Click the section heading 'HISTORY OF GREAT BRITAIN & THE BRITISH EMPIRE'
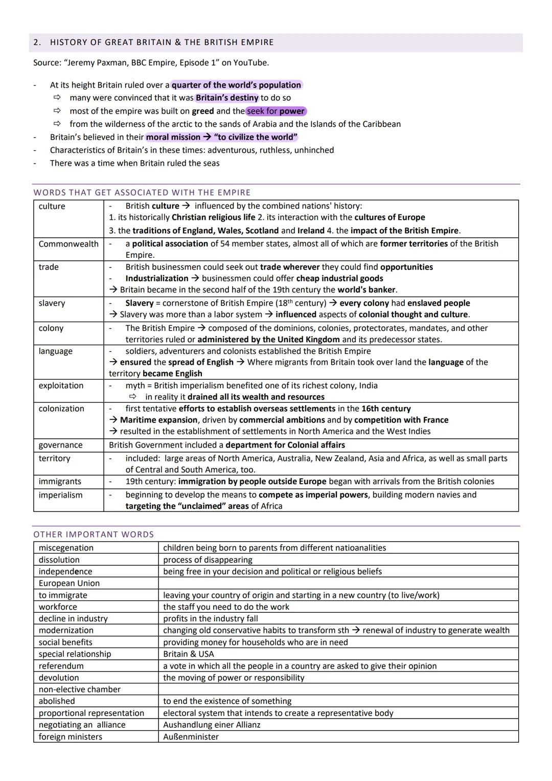pyautogui.click(x=162, y=42)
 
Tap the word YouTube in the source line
pyautogui.click(x=250, y=62)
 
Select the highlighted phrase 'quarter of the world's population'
pyautogui.click(x=237, y=85)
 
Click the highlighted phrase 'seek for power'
pyautogui.click(x=276, y=111)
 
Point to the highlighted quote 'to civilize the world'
pyautogui.click(x=256, y=137)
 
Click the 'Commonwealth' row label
pyautogui.click(x=68, y=244)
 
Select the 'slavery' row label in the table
pyautogui.click(x=52, y=303)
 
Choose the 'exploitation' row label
pyautogui.click(x=61, y=386)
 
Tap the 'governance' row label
pyautogui.click(x=60, y=445)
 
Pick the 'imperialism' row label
pyautogui.click(x=60, y=495)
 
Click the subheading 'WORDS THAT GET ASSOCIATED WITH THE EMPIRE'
pyautogui.click(x=142, y=192)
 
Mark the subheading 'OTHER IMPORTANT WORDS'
pyautogui.click(x=94, y=534)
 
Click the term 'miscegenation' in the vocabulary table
pyautogui.click(x=66, y=548)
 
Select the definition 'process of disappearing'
pyautogui.click(x=208, y=560)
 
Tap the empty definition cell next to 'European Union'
pyautogui.click(x=337, y=584)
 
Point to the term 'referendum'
pyautogui.click(x=61, y=666)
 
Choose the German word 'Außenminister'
pyautogui.click(x=191, y=737)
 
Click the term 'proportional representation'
pyautogui.click(x=91, y=713)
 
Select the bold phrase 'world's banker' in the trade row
pyautogui.click(x=367, y=289)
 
